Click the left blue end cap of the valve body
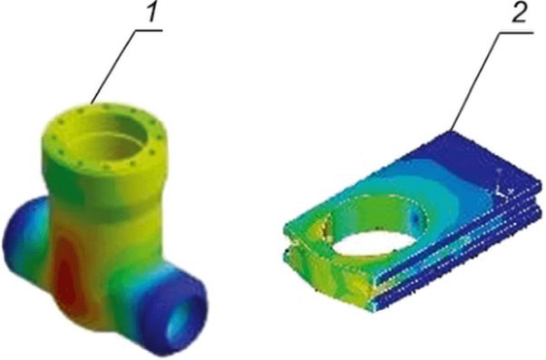[21, 237]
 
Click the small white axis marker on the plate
[503, 190]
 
